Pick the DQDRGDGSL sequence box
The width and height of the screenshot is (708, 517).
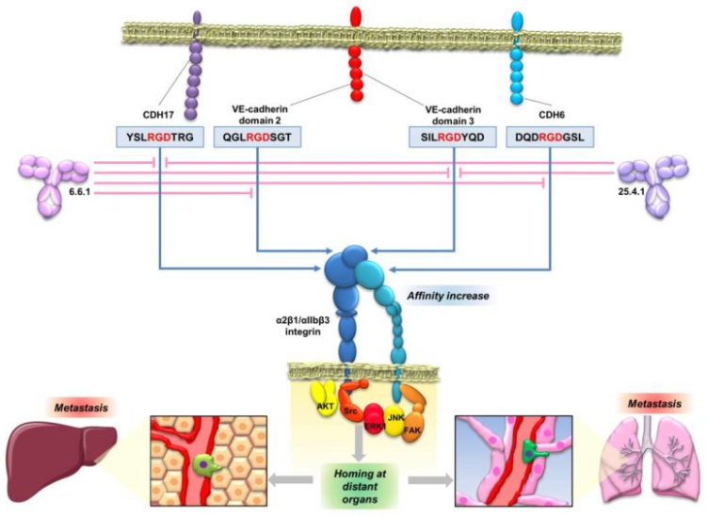click(x=550, y=138)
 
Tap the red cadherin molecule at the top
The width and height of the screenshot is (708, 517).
click(x=355, y=57)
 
